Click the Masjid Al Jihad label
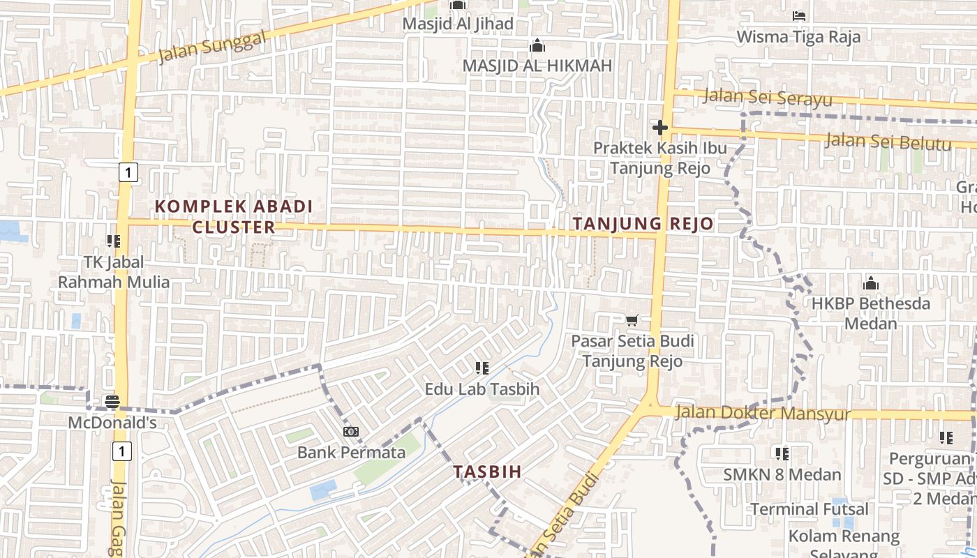(x=457, y=24)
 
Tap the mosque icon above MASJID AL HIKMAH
(x=537, y=46)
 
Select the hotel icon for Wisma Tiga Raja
(x=799, y=15)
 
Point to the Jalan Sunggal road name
(x=212, y=47)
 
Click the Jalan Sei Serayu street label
(x=767, y=97)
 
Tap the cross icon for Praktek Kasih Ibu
(x=659, y=128)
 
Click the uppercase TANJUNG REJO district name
(x=643, y=224)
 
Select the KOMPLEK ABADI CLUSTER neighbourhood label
(x=234, y=217)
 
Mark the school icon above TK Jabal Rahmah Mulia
(x=113, y=241)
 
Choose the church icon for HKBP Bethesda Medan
(x=870, y=284)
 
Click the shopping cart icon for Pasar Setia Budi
(x=632, y=321)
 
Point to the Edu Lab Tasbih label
(x=482, y=389)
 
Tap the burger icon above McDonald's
(x=112, y=402)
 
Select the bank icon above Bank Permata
(x=351, y=432)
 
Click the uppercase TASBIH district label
(x=487, y=472)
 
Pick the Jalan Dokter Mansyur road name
(x=763, y=413)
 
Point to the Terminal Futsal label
(x=810, y=509)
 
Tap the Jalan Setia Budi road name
(x=565, y=516)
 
